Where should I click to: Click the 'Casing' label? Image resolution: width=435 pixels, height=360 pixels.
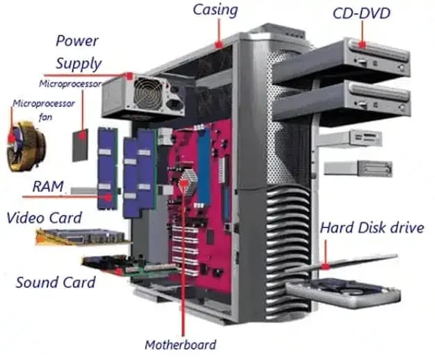pyautogui.click(x=215, y=10)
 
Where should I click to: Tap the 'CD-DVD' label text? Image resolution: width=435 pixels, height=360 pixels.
pyautogui.click(x=361, y=14)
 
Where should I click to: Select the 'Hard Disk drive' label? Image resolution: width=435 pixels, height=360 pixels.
pyautogui.click(x=372, y=228)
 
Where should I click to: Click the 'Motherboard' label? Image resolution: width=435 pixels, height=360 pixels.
pyautogui.click(x=181, y=345)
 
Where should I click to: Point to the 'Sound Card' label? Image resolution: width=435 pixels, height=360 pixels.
pyautogui.click(x=56, y=282)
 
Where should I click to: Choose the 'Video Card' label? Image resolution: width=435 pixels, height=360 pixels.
pyautogui.click(x=44, y=218)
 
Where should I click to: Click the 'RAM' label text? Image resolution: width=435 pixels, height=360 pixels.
pyautogui.click(x=48, y=186)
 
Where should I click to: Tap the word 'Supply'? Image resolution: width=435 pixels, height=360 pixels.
pyautogui.click(x=79, y=64)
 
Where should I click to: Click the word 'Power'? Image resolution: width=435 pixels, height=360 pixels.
pyautogui.click(x=77, y=41)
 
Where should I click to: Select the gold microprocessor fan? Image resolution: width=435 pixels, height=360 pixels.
pyautogui.click(x=26, y=146)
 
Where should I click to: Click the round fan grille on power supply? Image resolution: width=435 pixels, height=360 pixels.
pyautogui.click(x=147, y=93)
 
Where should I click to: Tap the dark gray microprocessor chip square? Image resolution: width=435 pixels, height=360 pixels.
pyautogui.click(x=80, y=145)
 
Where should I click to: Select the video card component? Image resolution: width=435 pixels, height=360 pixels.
pyautogui.click(x=83, y=237)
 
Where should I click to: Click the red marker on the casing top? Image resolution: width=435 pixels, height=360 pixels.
pyautogui.click(x=219, y=44)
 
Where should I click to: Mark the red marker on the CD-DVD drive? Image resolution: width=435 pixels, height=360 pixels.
pyautogui.click(x=362, y=44)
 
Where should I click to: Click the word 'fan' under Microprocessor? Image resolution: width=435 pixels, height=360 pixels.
pyautogui.click(x=45, y=117)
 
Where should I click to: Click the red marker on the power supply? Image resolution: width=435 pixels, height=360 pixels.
pyautogui.click(x=129, y=76)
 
